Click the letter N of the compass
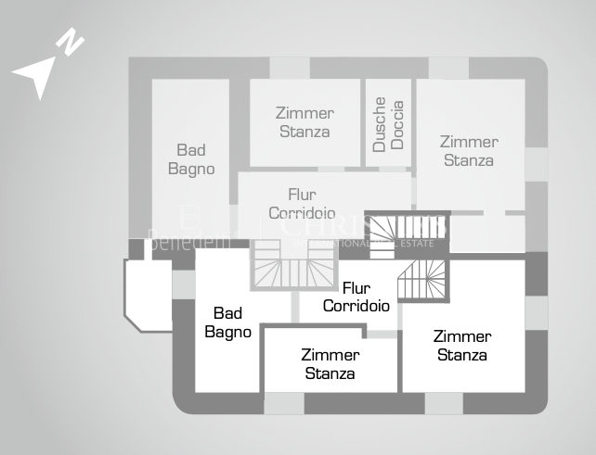click(71, 42)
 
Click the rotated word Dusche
click(380, 125)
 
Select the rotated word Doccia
click(397, 125)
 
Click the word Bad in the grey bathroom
click(191, 150)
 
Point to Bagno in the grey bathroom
click(191, 169)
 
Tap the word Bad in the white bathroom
click(227, 314)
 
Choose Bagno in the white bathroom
click(227, 332)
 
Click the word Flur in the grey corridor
click(302, 195)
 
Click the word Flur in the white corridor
click(357, 287)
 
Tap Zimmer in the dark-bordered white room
click(330, 355)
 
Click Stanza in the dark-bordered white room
click(330, 373)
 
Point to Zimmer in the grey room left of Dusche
click(304, 113)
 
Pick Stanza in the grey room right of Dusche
click(469, 160)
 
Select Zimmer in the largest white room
click(462, 336)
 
